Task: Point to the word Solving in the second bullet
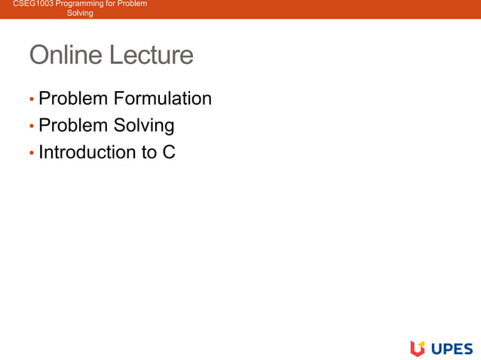(x=144, y=125)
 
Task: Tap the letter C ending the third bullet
(x=169, y=152)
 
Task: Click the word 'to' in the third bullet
(x=149, y=152)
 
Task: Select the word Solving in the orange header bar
(x=80, y=14)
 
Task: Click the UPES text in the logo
(x=452, y=348)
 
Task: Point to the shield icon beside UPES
(x=418, y=348)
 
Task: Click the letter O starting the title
(x=39, y=56)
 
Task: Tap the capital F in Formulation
(x=119, y=99)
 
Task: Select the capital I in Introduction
(x=41, y=152)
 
